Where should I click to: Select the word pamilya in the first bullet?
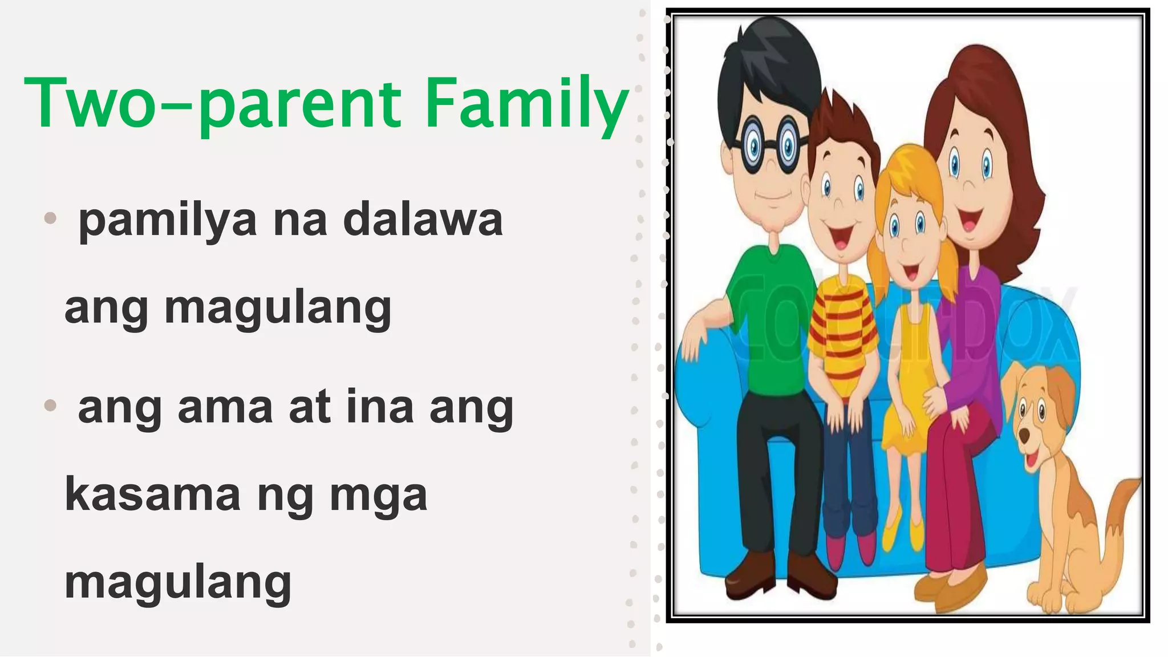168,221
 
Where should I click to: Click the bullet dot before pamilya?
51,217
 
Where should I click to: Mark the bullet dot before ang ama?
51,405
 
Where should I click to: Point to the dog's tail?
1121,502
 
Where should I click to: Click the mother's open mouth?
969,220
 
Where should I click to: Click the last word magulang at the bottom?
178,583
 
